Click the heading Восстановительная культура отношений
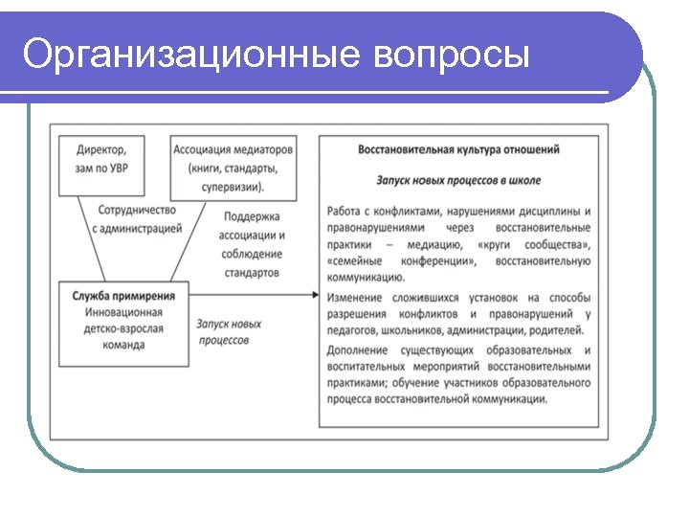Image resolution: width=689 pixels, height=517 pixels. click(458, 150)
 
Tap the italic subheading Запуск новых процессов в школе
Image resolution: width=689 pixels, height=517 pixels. click(458, 180)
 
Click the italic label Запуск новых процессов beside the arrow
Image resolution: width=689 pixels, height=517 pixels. click(229, 332)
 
